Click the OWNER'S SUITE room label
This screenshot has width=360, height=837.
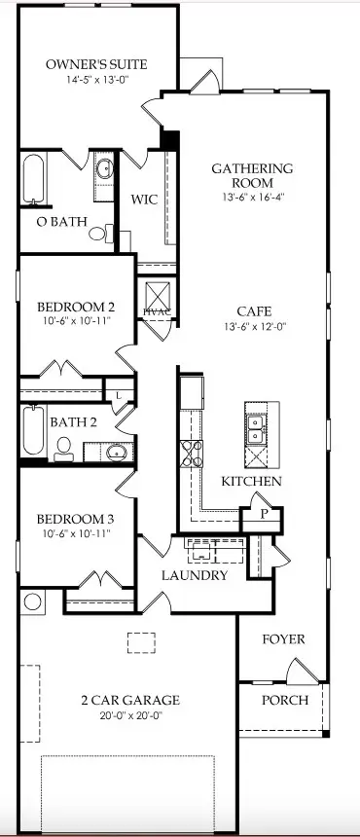(x=96, y=65)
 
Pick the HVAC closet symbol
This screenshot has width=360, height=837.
(x=157, y=297)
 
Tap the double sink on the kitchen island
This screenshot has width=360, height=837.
(x=255, y=423)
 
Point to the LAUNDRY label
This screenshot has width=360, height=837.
(x=195, y=575)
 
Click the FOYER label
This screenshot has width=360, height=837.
(x=284, y=639)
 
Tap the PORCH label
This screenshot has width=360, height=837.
(x=285, y=700)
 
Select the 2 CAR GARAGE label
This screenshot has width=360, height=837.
(x=129, y=700)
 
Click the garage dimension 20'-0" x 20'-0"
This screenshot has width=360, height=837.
(x=130, y=716)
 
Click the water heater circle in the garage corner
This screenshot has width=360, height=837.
(x=33, y=601)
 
